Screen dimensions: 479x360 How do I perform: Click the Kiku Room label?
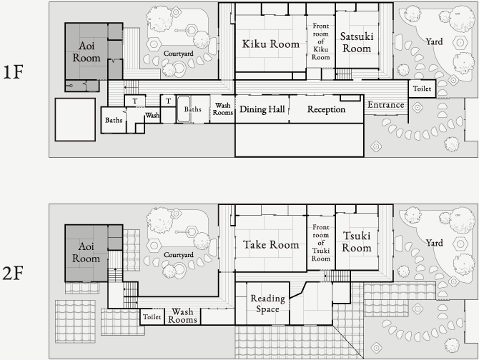point(271,44)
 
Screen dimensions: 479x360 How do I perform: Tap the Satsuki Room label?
point(357,42)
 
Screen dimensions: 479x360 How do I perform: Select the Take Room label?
point(271,244)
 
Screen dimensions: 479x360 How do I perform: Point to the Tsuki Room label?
point(357,241)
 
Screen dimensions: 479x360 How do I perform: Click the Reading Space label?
point(268,304)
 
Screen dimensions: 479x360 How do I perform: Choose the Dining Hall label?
point(262,109)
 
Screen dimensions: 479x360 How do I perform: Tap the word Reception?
point(326,109)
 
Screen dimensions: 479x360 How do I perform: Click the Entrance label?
point(386,105)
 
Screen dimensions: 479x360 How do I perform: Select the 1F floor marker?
point(13,72)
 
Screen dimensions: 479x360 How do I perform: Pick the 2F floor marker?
point(13,273)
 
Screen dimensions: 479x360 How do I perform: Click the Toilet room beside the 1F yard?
point(422,89)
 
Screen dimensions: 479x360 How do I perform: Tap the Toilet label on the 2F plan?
point(152,317)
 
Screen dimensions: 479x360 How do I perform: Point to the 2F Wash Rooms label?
point(182,316)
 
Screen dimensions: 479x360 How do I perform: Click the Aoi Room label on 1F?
point(87,51)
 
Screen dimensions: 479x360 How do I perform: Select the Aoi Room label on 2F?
point(86,252)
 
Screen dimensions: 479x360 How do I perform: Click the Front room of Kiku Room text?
point(321,41)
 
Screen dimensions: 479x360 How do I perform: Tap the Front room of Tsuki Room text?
point(321,243)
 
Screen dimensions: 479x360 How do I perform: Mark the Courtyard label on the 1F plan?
point(179,54)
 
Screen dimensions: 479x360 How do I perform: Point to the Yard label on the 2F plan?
point(435,243)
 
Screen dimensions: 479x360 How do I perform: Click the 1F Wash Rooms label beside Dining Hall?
point(222,109)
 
